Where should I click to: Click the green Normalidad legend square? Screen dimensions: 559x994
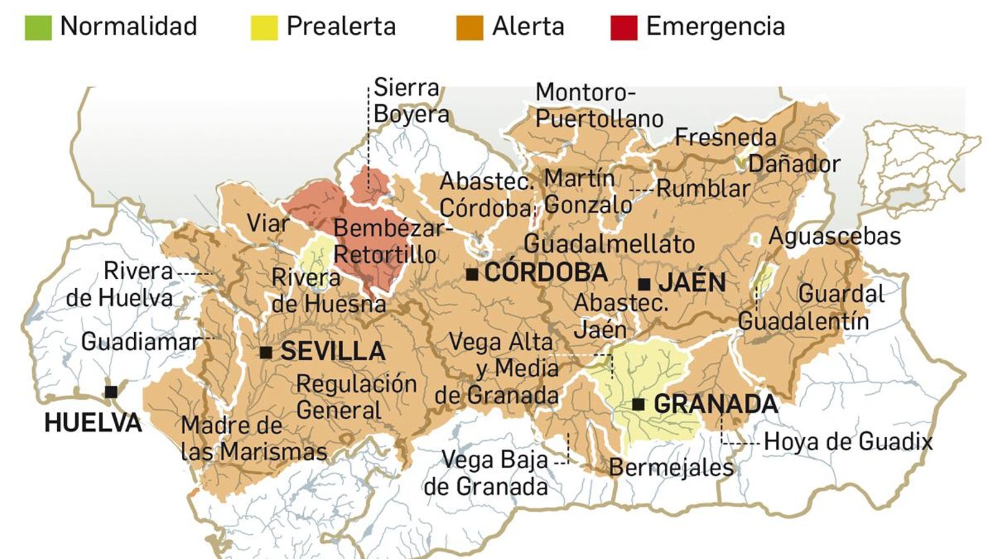coord(38,27)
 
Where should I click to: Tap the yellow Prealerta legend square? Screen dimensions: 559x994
coord(263,27)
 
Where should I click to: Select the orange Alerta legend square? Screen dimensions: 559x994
coord(469,27)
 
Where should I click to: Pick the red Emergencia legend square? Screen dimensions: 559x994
coord(624,27)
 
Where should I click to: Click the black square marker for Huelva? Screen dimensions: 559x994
coord(111,392)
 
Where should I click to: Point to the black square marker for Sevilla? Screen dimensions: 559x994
coord(266,353)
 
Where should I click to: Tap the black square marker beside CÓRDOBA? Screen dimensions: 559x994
coord(472,273)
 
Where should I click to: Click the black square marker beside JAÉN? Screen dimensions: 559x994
coord(644,284)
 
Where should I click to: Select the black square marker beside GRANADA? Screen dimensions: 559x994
coord(638,404)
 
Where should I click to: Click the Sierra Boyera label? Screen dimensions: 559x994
coord(411,101)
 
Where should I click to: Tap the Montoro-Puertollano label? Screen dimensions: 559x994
coord(599,105)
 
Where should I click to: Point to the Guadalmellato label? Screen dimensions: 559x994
coord(609,244)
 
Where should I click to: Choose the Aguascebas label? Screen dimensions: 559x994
coord(834,236)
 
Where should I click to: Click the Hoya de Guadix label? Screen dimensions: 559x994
coord(848,442)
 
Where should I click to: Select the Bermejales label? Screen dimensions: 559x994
coord(671,467)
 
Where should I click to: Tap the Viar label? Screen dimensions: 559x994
coord(268,224)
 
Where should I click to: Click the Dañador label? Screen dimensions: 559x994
coord(794,164)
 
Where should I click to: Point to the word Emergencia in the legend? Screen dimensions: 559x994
coord(715,27)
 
